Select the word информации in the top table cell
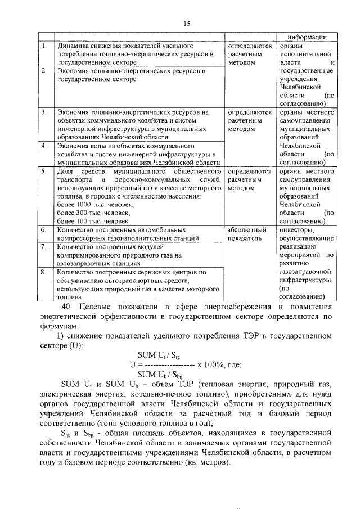[307, 37]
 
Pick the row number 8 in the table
[43, 272]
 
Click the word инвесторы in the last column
[298, 229]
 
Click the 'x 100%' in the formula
[209, 364]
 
